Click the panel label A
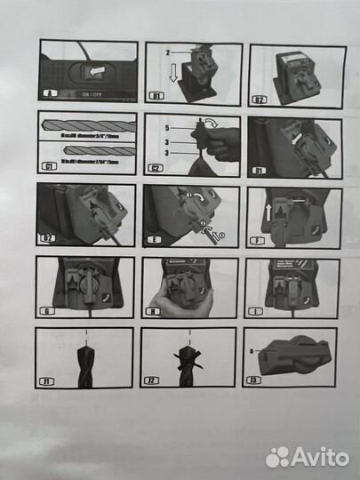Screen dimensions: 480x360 point(47,93)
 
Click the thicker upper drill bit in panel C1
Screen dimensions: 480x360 point(87,126)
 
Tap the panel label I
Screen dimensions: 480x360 point(258,311)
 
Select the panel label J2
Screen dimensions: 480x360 point(154,382)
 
